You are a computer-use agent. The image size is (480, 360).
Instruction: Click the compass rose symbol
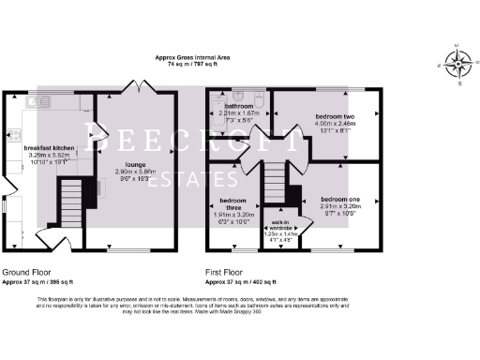click(457, 65)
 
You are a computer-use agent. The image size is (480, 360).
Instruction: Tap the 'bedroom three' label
click(232, 204)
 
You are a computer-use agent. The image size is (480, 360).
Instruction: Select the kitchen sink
click(39, 99)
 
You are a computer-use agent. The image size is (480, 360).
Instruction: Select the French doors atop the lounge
click(134, 87)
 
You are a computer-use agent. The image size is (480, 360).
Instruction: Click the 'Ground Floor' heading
click(26, 272)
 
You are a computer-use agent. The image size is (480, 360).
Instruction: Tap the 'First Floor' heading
click(227, 272)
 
